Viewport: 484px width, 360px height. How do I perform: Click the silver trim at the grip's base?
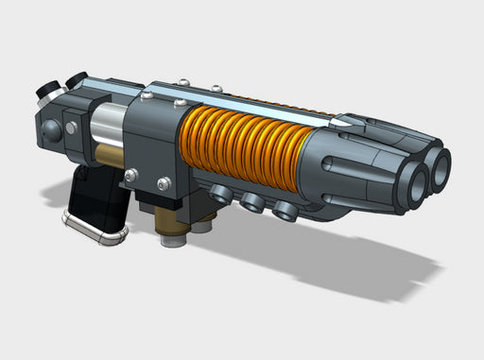pos(94,229)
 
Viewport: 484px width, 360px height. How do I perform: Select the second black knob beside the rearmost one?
pos(77,79)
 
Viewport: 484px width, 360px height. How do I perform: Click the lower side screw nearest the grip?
pos(130,174)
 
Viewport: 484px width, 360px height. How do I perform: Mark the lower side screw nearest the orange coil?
pos(164,182)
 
